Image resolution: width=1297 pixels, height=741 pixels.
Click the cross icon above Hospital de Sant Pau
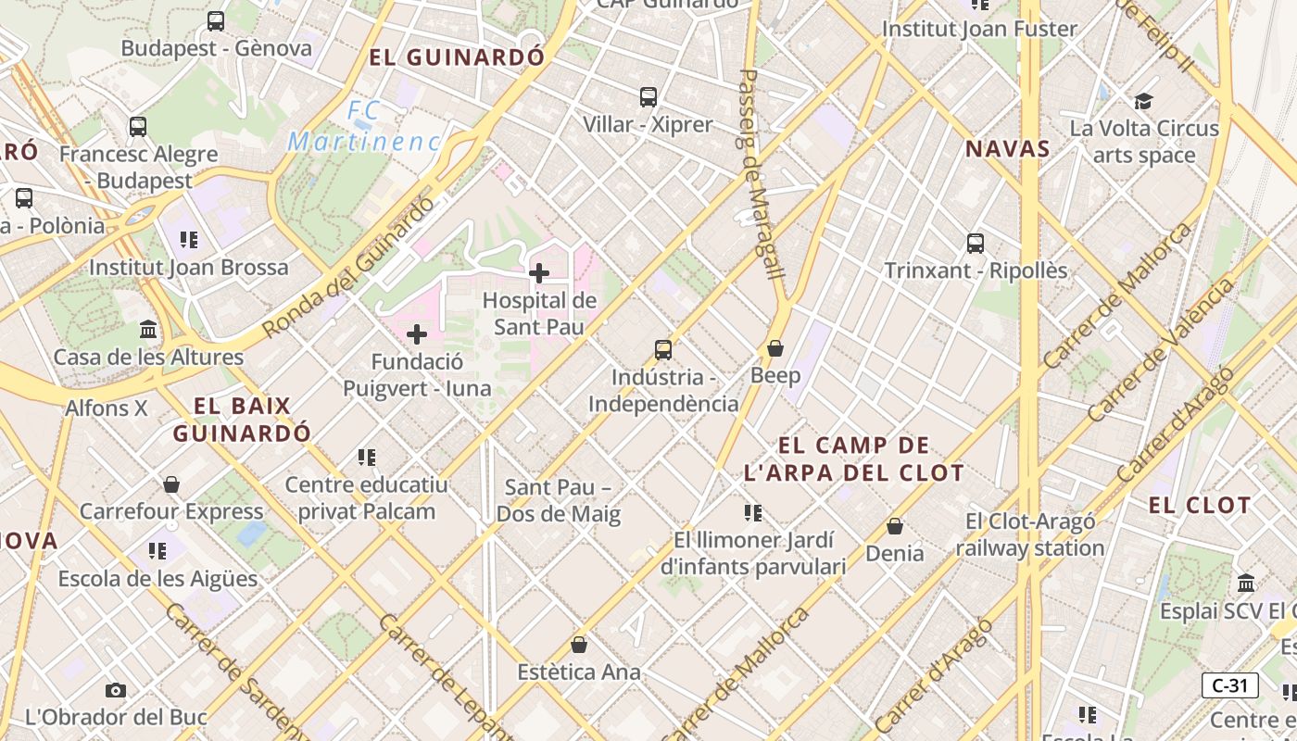pos(538,273)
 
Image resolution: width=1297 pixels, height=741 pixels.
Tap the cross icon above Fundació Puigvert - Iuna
pos(417,334)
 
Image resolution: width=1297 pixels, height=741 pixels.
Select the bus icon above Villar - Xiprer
pos(648,96)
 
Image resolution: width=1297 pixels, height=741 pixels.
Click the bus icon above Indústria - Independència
pos(663,350)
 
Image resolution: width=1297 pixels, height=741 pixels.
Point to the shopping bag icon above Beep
pos(775,348)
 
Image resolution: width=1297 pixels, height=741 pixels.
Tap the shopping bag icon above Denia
pos(895,526)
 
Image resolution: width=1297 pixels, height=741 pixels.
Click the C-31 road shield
pos(1229,685)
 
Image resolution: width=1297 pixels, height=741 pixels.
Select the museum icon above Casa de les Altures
pos(148,330)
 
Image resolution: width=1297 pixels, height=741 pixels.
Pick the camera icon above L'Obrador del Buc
pos(116,690)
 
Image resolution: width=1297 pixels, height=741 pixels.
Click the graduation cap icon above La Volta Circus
pos(1144,101)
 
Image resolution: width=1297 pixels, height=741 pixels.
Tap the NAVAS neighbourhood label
pos(1008,149)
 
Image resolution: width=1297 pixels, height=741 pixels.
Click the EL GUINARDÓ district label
pos(457,57)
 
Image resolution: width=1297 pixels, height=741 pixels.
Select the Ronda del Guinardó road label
pos(348,268)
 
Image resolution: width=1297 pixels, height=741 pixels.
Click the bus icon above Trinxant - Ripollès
pos(976,244)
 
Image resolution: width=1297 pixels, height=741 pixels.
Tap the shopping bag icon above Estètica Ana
pos(579,645)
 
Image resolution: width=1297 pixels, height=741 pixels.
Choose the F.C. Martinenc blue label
pos(363,127)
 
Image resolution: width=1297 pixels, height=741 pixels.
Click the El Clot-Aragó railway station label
pos(1030,534)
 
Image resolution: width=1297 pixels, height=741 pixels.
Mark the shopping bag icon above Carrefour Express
pos(171,484)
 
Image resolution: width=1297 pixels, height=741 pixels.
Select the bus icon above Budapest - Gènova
pos(216,20)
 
